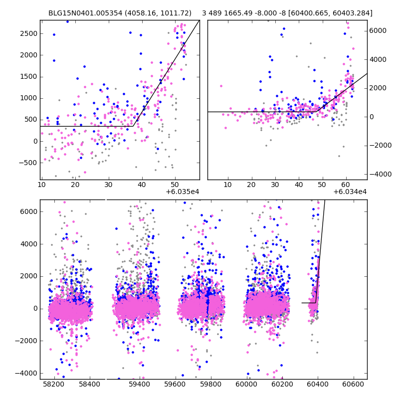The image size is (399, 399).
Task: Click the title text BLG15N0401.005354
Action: point(83,13)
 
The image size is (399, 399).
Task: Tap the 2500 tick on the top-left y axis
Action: point(29,33)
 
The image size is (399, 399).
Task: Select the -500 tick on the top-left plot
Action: point(29,163)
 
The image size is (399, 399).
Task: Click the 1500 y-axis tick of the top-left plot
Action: point(29,76)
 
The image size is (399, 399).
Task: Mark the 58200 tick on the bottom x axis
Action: point(53,385)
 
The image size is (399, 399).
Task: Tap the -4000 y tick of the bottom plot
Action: point(27,373)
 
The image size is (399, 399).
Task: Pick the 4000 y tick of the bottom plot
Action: point(29,244)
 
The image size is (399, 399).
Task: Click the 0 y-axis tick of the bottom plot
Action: point(35,308)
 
